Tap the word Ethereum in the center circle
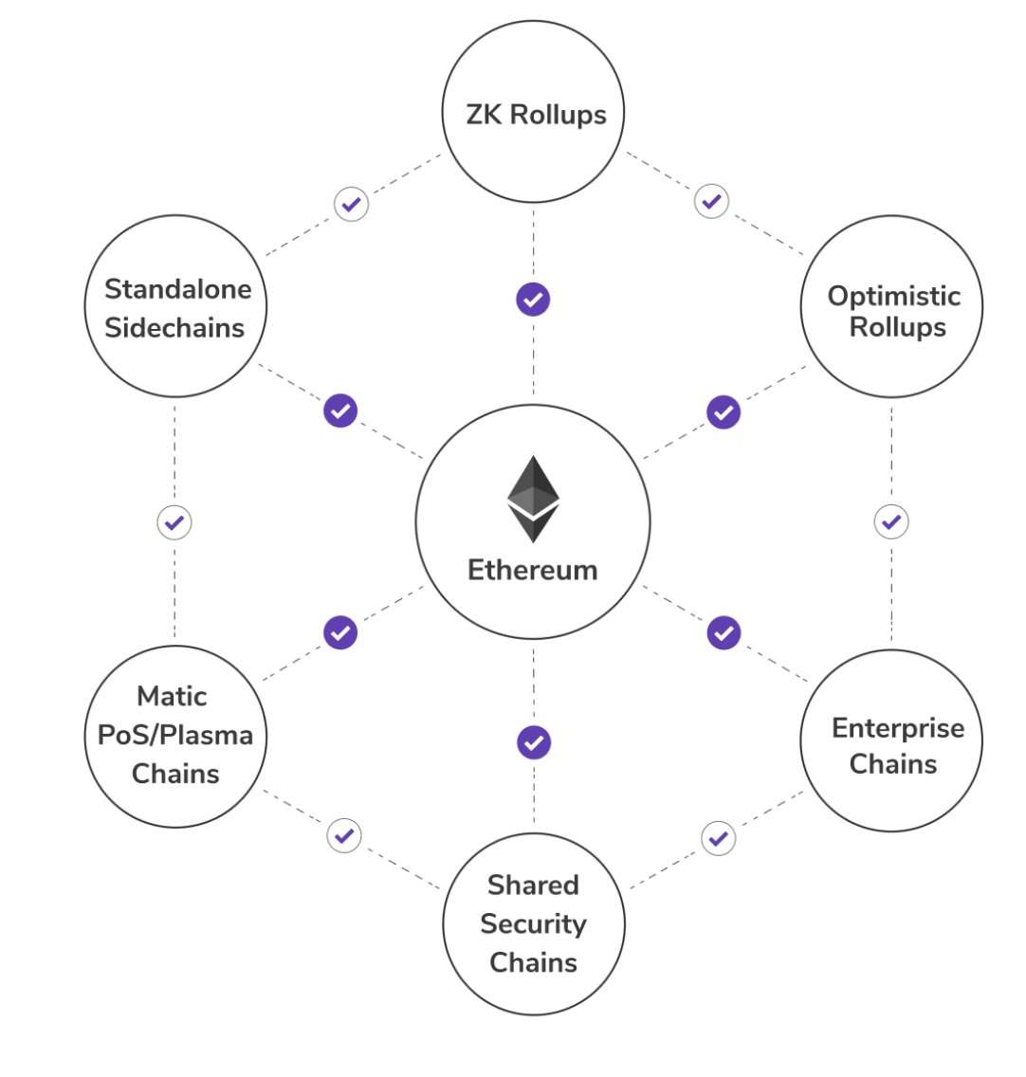533,570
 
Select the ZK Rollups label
536,115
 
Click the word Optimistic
894,296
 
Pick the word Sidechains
174,328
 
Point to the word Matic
172,696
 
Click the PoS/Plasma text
175,735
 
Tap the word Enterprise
898,728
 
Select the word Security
533,923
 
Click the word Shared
533,885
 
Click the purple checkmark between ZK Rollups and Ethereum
533,300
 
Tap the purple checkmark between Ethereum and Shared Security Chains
534,742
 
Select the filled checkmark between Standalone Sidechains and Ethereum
340,411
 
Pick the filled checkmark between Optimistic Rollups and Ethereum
724,412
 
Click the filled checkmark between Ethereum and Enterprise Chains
724,632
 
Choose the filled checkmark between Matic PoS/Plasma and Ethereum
340,632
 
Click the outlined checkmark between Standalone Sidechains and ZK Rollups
352,204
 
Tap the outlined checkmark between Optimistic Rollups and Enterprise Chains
890,521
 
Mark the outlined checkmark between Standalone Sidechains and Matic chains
174,522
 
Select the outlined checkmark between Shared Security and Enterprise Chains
719,838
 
